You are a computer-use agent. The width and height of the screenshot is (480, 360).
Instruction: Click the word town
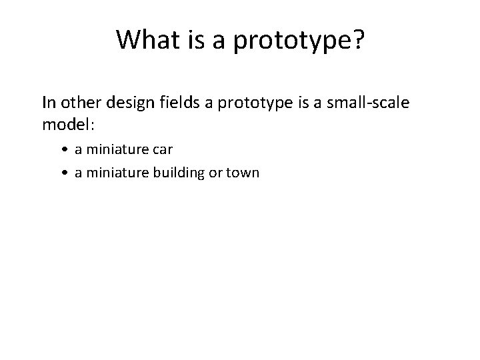[x=243, y=173]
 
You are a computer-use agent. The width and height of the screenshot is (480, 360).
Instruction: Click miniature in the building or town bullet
[x=111, y=173]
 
